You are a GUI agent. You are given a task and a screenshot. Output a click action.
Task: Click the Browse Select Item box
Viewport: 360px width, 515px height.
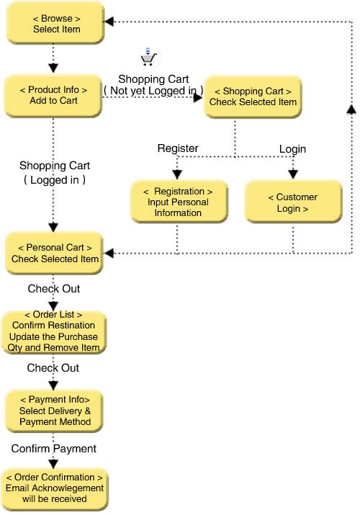point(55,23)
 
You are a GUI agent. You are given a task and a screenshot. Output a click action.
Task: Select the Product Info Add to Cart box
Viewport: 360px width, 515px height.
point(53,96)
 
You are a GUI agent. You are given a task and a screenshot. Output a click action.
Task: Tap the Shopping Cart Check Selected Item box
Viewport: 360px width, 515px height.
point(253,97)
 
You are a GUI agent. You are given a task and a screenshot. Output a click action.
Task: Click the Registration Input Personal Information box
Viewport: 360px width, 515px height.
point(179,202)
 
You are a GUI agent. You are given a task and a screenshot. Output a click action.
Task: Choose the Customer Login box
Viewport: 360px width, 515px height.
point(293,202)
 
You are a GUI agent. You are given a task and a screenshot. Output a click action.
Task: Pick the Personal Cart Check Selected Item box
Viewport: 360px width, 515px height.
point(55,253)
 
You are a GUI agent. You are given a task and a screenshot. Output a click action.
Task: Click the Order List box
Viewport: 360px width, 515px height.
point(54,332)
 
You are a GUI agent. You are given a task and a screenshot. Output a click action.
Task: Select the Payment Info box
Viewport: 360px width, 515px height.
point(55,411)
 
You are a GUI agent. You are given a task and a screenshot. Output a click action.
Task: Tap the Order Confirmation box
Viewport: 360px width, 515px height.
point(55,489)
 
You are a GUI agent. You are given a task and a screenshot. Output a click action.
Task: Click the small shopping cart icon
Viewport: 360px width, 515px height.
point(148,57)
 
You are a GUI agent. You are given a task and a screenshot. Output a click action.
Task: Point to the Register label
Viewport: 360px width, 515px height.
point(178,148)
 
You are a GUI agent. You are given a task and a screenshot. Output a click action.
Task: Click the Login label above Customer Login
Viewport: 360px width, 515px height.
point(292,149)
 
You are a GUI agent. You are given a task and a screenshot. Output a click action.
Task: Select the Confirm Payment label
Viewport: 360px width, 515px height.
point(53,448)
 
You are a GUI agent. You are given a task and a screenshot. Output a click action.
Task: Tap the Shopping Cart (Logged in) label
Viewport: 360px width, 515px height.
point(55,172)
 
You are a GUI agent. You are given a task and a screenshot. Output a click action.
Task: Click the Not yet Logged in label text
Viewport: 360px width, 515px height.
point(153,90)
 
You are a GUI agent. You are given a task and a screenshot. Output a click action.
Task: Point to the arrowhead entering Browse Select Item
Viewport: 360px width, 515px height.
point(109,22)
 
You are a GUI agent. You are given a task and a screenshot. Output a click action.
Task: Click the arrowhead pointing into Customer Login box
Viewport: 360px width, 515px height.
point(293,174)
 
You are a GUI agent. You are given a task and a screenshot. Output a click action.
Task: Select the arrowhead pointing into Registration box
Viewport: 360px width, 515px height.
point(177,174)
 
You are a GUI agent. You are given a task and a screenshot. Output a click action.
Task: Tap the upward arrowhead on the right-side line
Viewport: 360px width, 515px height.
point(351,109)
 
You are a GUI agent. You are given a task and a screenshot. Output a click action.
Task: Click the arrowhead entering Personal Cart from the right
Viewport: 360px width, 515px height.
point(109,253)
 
